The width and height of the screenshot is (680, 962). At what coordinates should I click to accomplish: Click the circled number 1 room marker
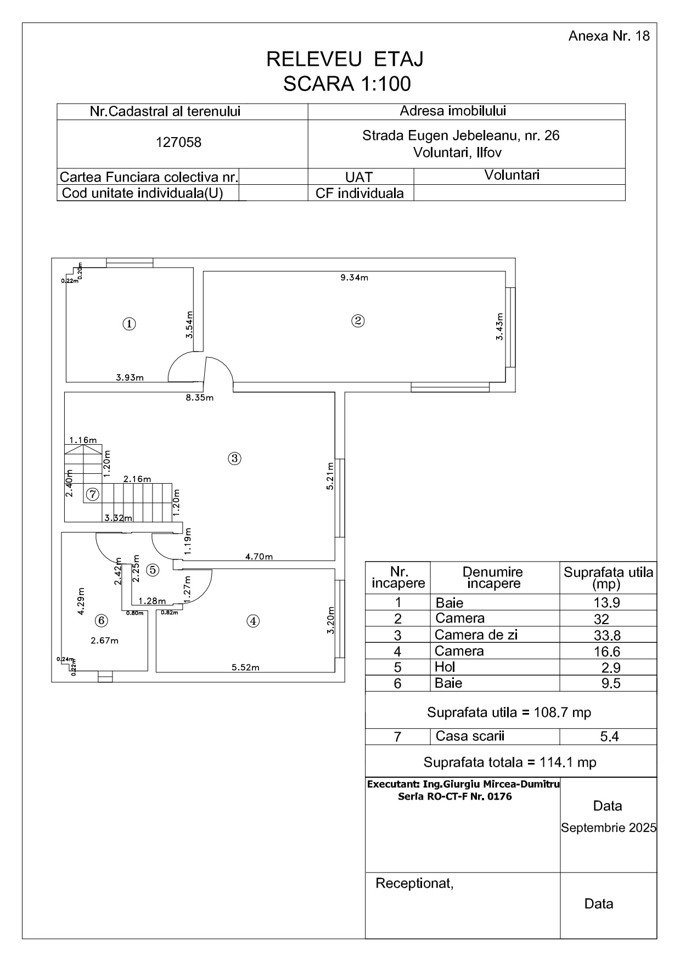pos(129,324)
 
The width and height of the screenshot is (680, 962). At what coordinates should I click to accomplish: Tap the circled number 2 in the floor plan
pos(358,321)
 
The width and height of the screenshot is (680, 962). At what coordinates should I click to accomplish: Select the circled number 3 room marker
pos(234,459)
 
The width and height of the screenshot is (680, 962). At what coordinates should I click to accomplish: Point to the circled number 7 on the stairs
pos(93,494)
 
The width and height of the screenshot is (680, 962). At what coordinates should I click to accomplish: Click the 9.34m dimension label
pos(354,278)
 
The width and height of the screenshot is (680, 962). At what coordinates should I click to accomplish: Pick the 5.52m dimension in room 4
pos(245,667)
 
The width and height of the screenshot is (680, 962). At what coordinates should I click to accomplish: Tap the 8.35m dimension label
pos(199,398)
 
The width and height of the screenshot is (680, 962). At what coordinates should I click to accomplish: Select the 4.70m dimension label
pos(259,557)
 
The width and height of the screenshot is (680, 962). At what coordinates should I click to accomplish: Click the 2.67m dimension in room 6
pos(104,640)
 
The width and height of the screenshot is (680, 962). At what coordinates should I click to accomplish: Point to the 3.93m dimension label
pos(130,377)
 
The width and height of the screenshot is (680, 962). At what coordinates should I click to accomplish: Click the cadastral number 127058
pos(179,143)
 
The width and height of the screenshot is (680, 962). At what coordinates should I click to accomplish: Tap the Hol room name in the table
pos(445,667)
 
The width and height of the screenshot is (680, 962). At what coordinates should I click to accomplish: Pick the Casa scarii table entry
pos(470,736)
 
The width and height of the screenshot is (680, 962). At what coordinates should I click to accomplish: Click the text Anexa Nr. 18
pos(609,36)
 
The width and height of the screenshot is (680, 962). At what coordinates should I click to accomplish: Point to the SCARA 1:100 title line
pos(347,84)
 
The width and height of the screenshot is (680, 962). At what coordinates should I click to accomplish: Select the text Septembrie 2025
pos(608,828)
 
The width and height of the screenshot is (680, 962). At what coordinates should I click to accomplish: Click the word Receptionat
pos(414,884)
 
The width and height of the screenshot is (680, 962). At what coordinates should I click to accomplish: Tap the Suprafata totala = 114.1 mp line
pos(510,762)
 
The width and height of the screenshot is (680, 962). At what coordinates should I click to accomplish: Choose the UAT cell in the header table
pos(359,177)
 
